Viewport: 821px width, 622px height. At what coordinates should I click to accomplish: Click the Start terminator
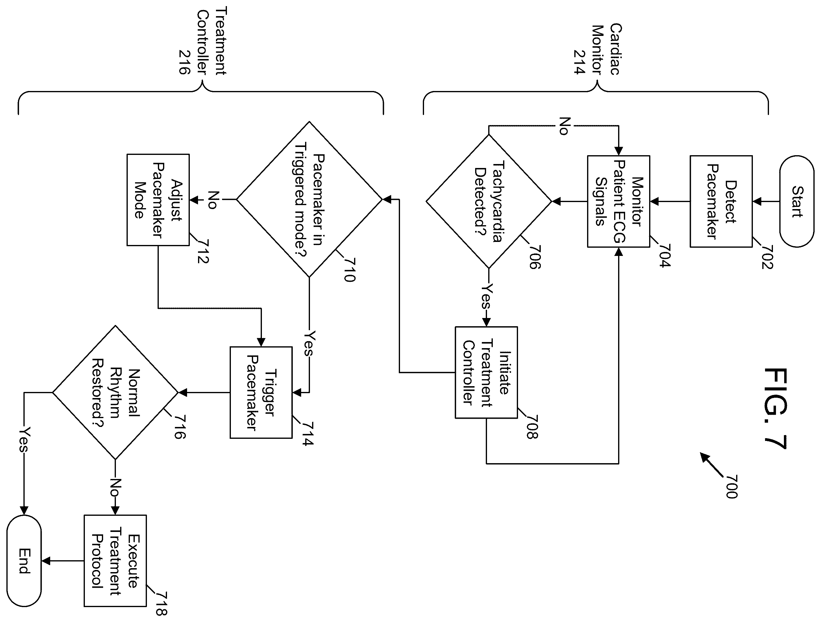pyautogui.click(x=797, y=201)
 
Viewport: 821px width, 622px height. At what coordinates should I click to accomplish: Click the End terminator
pyautogui.click(x=24, y=561)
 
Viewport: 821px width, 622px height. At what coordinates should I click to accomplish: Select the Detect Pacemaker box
pyautogui.click(x=721, y=201)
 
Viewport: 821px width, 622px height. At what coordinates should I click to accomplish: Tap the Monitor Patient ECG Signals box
pyautogui.click(x=619, y=201)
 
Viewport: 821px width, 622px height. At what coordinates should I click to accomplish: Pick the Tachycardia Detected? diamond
pyautogui.click(x=489, y=201)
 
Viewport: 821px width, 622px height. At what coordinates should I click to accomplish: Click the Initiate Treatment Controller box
pyautogui.click(x=486, y=372)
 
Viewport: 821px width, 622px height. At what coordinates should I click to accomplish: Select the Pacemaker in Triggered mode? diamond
pyautogui.click(x=309, y=199)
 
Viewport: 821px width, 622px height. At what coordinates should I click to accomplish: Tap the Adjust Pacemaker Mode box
pyautogui.click(x=158, y=200)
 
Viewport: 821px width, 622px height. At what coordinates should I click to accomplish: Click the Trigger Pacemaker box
pyautogui.click(x=261, y=393)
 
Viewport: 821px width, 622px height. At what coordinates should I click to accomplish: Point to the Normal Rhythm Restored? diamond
pyautogui.click(x=115, y=393)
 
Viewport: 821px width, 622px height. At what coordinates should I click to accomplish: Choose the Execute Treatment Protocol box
pyautogui.click(x=115, y=561)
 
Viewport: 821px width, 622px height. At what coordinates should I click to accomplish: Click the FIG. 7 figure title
pyautogui.click(x=776, y=408)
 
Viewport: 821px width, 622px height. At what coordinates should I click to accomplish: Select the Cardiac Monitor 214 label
pyautogui.click(x=597, y=49)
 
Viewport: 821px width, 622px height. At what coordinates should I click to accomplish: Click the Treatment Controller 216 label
pyautogui.click(x=202, y=41)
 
